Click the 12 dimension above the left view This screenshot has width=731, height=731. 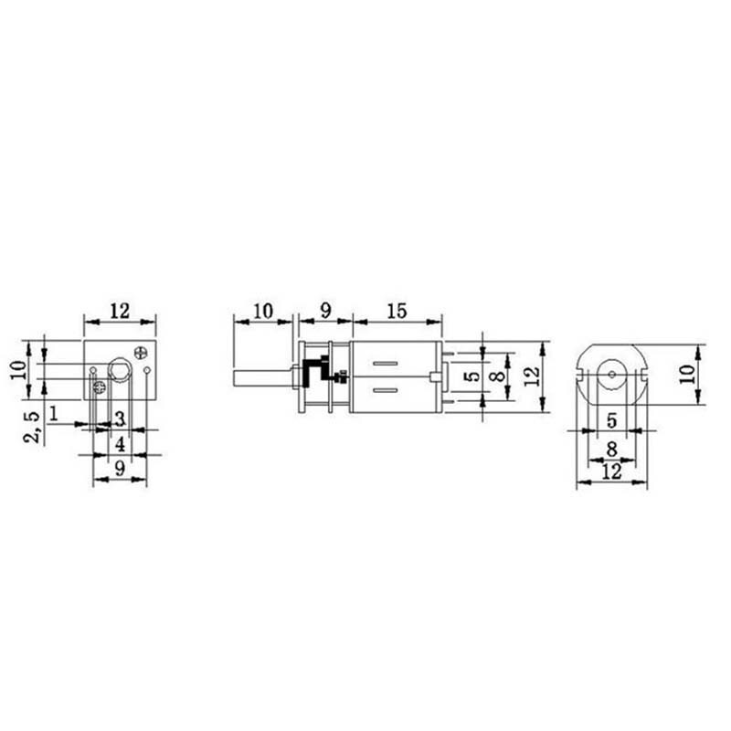click(x=120, y=311)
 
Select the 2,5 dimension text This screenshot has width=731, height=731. click(x=33, y=426)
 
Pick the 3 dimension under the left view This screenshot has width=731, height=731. click(x=120, y=419)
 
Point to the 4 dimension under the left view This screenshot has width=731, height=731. click(x=121, y=444)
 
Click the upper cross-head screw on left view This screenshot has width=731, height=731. click(x=140, y=352)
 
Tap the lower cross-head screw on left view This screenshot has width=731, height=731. click(x=100, y=388)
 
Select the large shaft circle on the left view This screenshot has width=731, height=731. click(x=119, y=370)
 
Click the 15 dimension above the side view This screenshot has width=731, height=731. click(x=396, y=311)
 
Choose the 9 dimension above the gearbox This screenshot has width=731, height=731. click(x=323, y=311)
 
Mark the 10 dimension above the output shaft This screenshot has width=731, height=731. click(x=261, y=311)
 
